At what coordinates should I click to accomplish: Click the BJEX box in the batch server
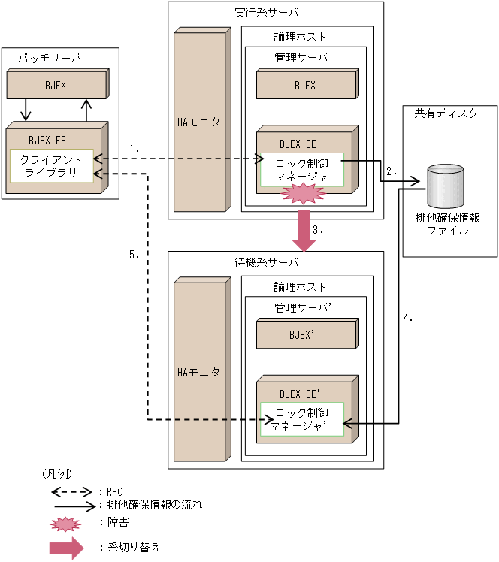click(x=55, y=86)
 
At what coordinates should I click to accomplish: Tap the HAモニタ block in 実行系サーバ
click(x=198, y=122)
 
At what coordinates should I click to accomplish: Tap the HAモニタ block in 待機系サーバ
click(x=198, y=371)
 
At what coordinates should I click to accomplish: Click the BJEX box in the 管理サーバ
click(x=304, y=85)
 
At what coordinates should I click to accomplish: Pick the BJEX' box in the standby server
click(x=304, y=334)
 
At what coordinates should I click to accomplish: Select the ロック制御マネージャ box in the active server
click(x=301, y=171)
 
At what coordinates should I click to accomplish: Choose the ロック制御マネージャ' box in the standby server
click(x=301, y=419)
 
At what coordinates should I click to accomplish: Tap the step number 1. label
click(x=135, y=149)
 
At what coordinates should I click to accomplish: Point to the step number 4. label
click(x=408, y=318)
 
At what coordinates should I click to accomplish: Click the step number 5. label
click(x=135, y=255)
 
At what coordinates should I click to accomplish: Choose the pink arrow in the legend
click(x=66, y=548)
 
